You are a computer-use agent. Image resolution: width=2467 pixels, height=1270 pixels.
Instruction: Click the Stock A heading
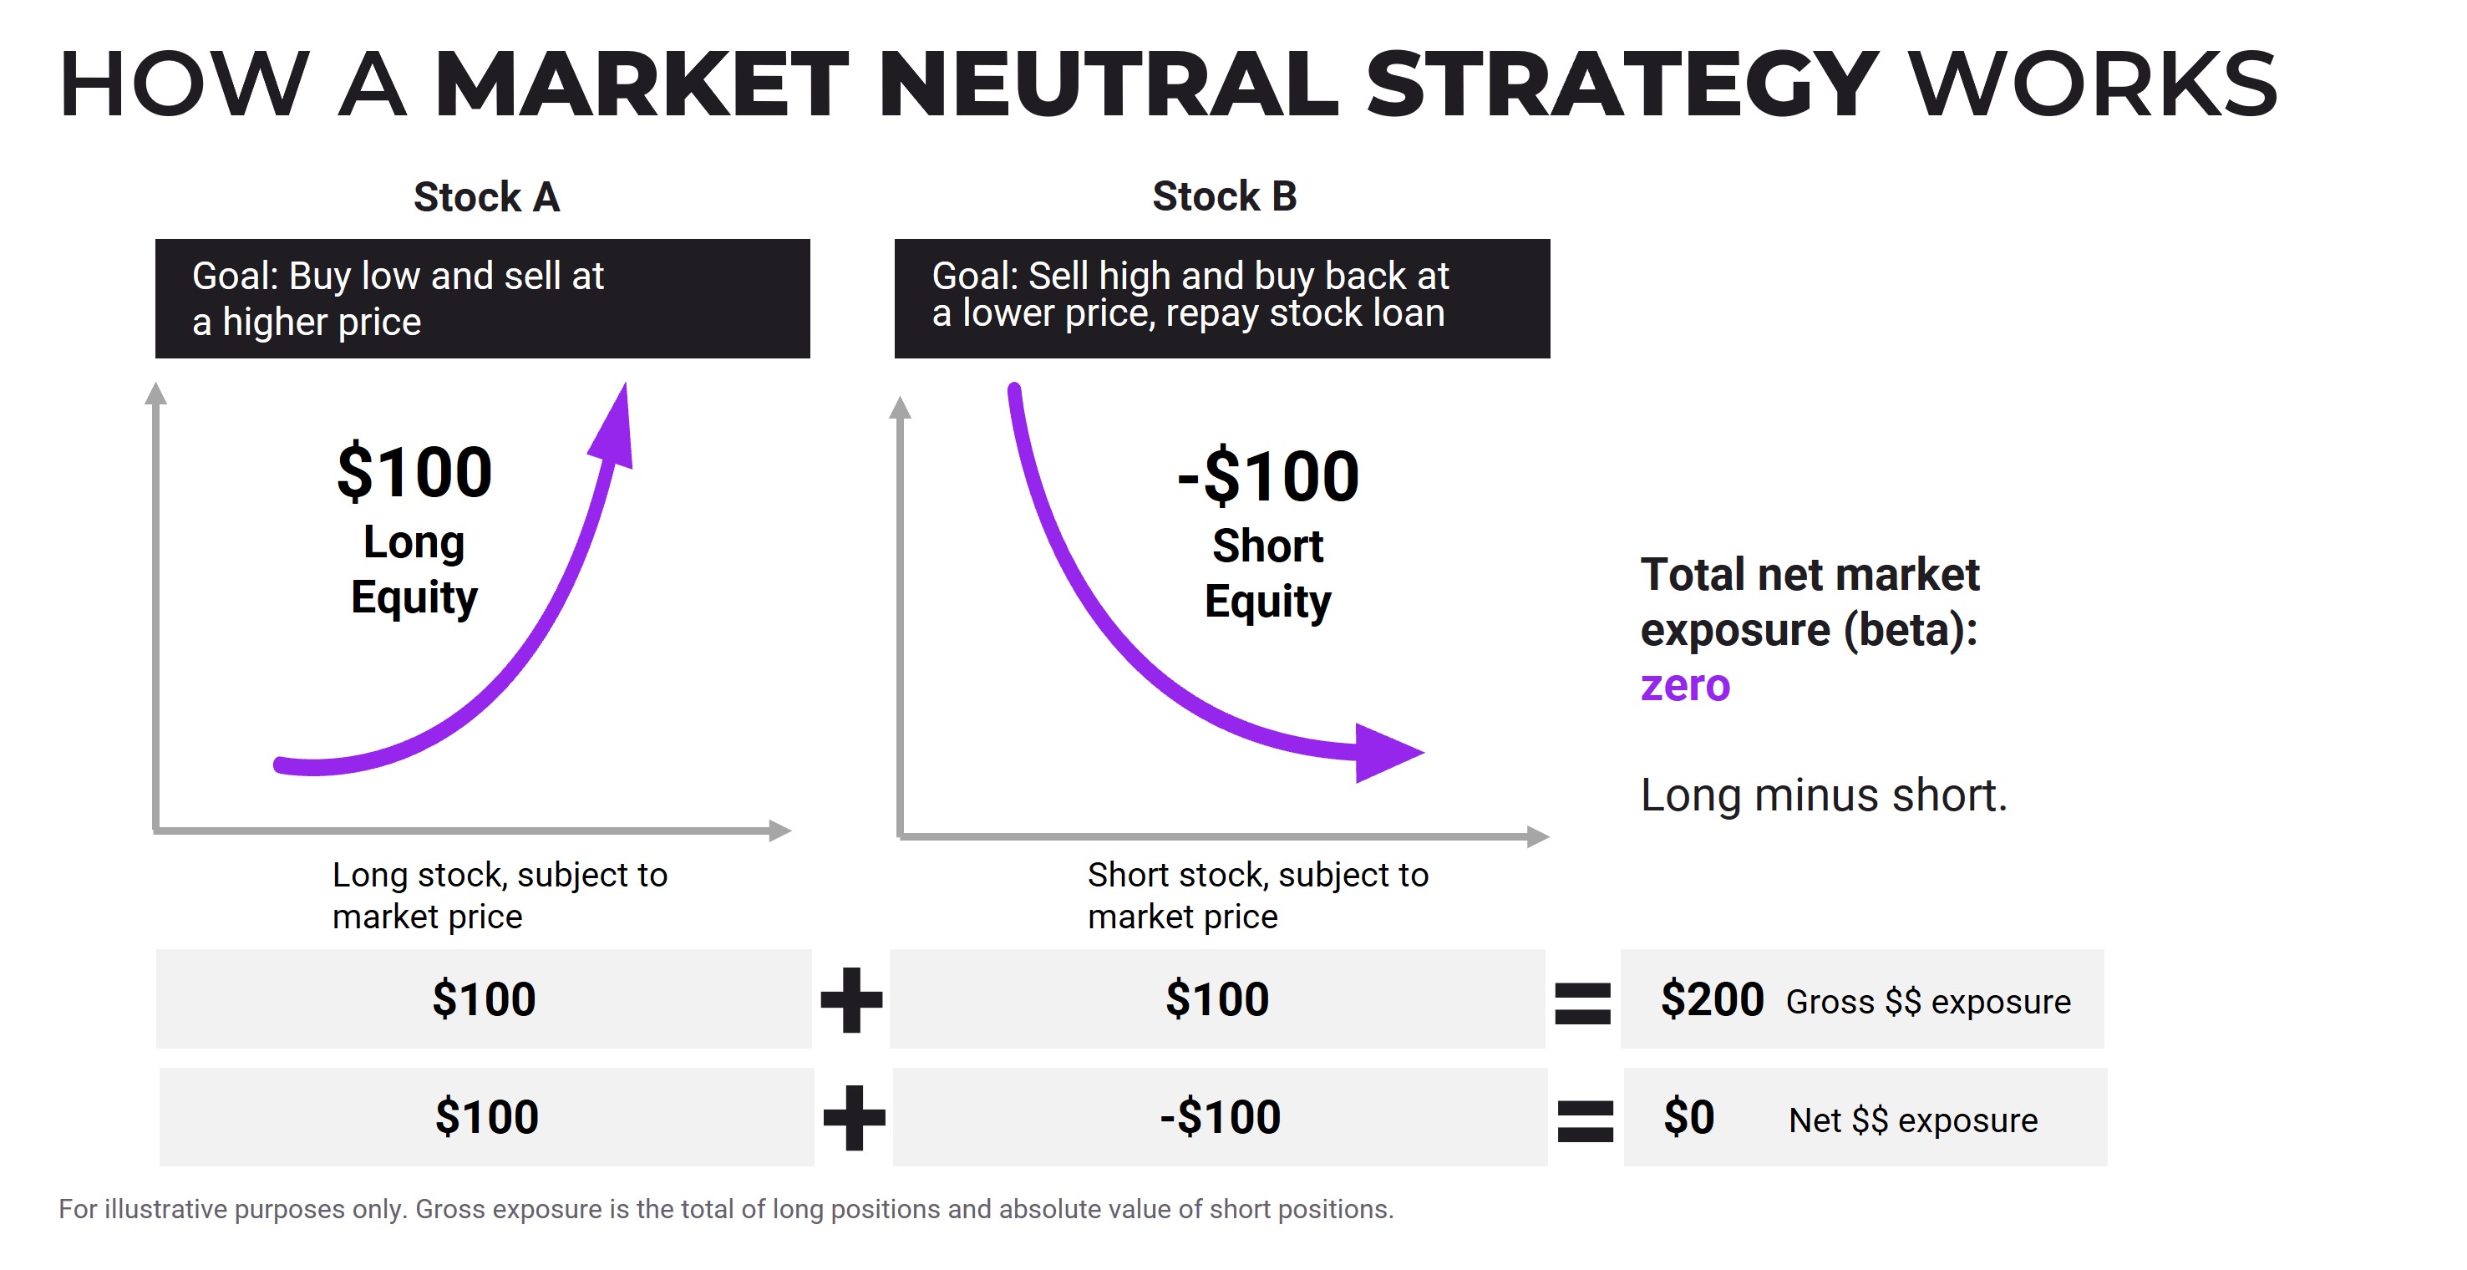pyautogui.click(x=486, y=197)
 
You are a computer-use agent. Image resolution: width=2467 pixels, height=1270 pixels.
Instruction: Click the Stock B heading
pyautogui.click(x=1224, y=196)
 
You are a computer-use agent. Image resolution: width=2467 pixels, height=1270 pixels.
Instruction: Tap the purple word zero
pyautogui.click(x=1684, y=686)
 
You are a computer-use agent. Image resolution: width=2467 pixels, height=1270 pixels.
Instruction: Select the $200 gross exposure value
pyautogui.click(x=1712, y=999)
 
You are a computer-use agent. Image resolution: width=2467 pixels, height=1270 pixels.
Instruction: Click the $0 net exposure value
pyautogui.click(x=1688, y=1117)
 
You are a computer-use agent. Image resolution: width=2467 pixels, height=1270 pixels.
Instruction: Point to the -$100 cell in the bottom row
pyautogui.click(x=1219, y=1117)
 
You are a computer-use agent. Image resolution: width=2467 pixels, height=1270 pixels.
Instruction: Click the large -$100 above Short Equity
pyautogui.click(x=1267, y=476)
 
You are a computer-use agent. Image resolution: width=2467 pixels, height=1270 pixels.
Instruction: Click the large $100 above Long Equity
pyautogui.click(x=414, y=472)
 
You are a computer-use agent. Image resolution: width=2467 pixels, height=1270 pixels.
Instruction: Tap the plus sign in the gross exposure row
pyautogui.click(x=851, y=999)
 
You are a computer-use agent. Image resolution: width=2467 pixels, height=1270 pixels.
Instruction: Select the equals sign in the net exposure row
pyautogui.click(x=1585, y=1120)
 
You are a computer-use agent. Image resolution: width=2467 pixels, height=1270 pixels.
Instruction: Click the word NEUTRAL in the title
pyautogui.click(x=1106, y=84)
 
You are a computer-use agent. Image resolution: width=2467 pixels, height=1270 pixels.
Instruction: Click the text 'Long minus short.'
pyautogui.click(x=1824, y=795)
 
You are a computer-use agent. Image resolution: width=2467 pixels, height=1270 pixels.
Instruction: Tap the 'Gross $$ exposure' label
pyautogui.click(x=1928, y=1002)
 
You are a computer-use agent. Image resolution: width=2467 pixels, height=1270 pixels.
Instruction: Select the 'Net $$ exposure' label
pyautogui.click(x=1912, y=1120)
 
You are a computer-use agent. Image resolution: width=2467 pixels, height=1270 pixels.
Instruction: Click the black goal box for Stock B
pyautogui.click(x=1221, y=298)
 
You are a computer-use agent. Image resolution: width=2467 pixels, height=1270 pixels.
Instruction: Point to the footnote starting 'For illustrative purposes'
pyautogui.click(x=725, y=1209)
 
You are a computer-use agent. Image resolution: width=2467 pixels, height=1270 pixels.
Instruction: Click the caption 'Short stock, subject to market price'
pyautogui.click(x=1256, y=895)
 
